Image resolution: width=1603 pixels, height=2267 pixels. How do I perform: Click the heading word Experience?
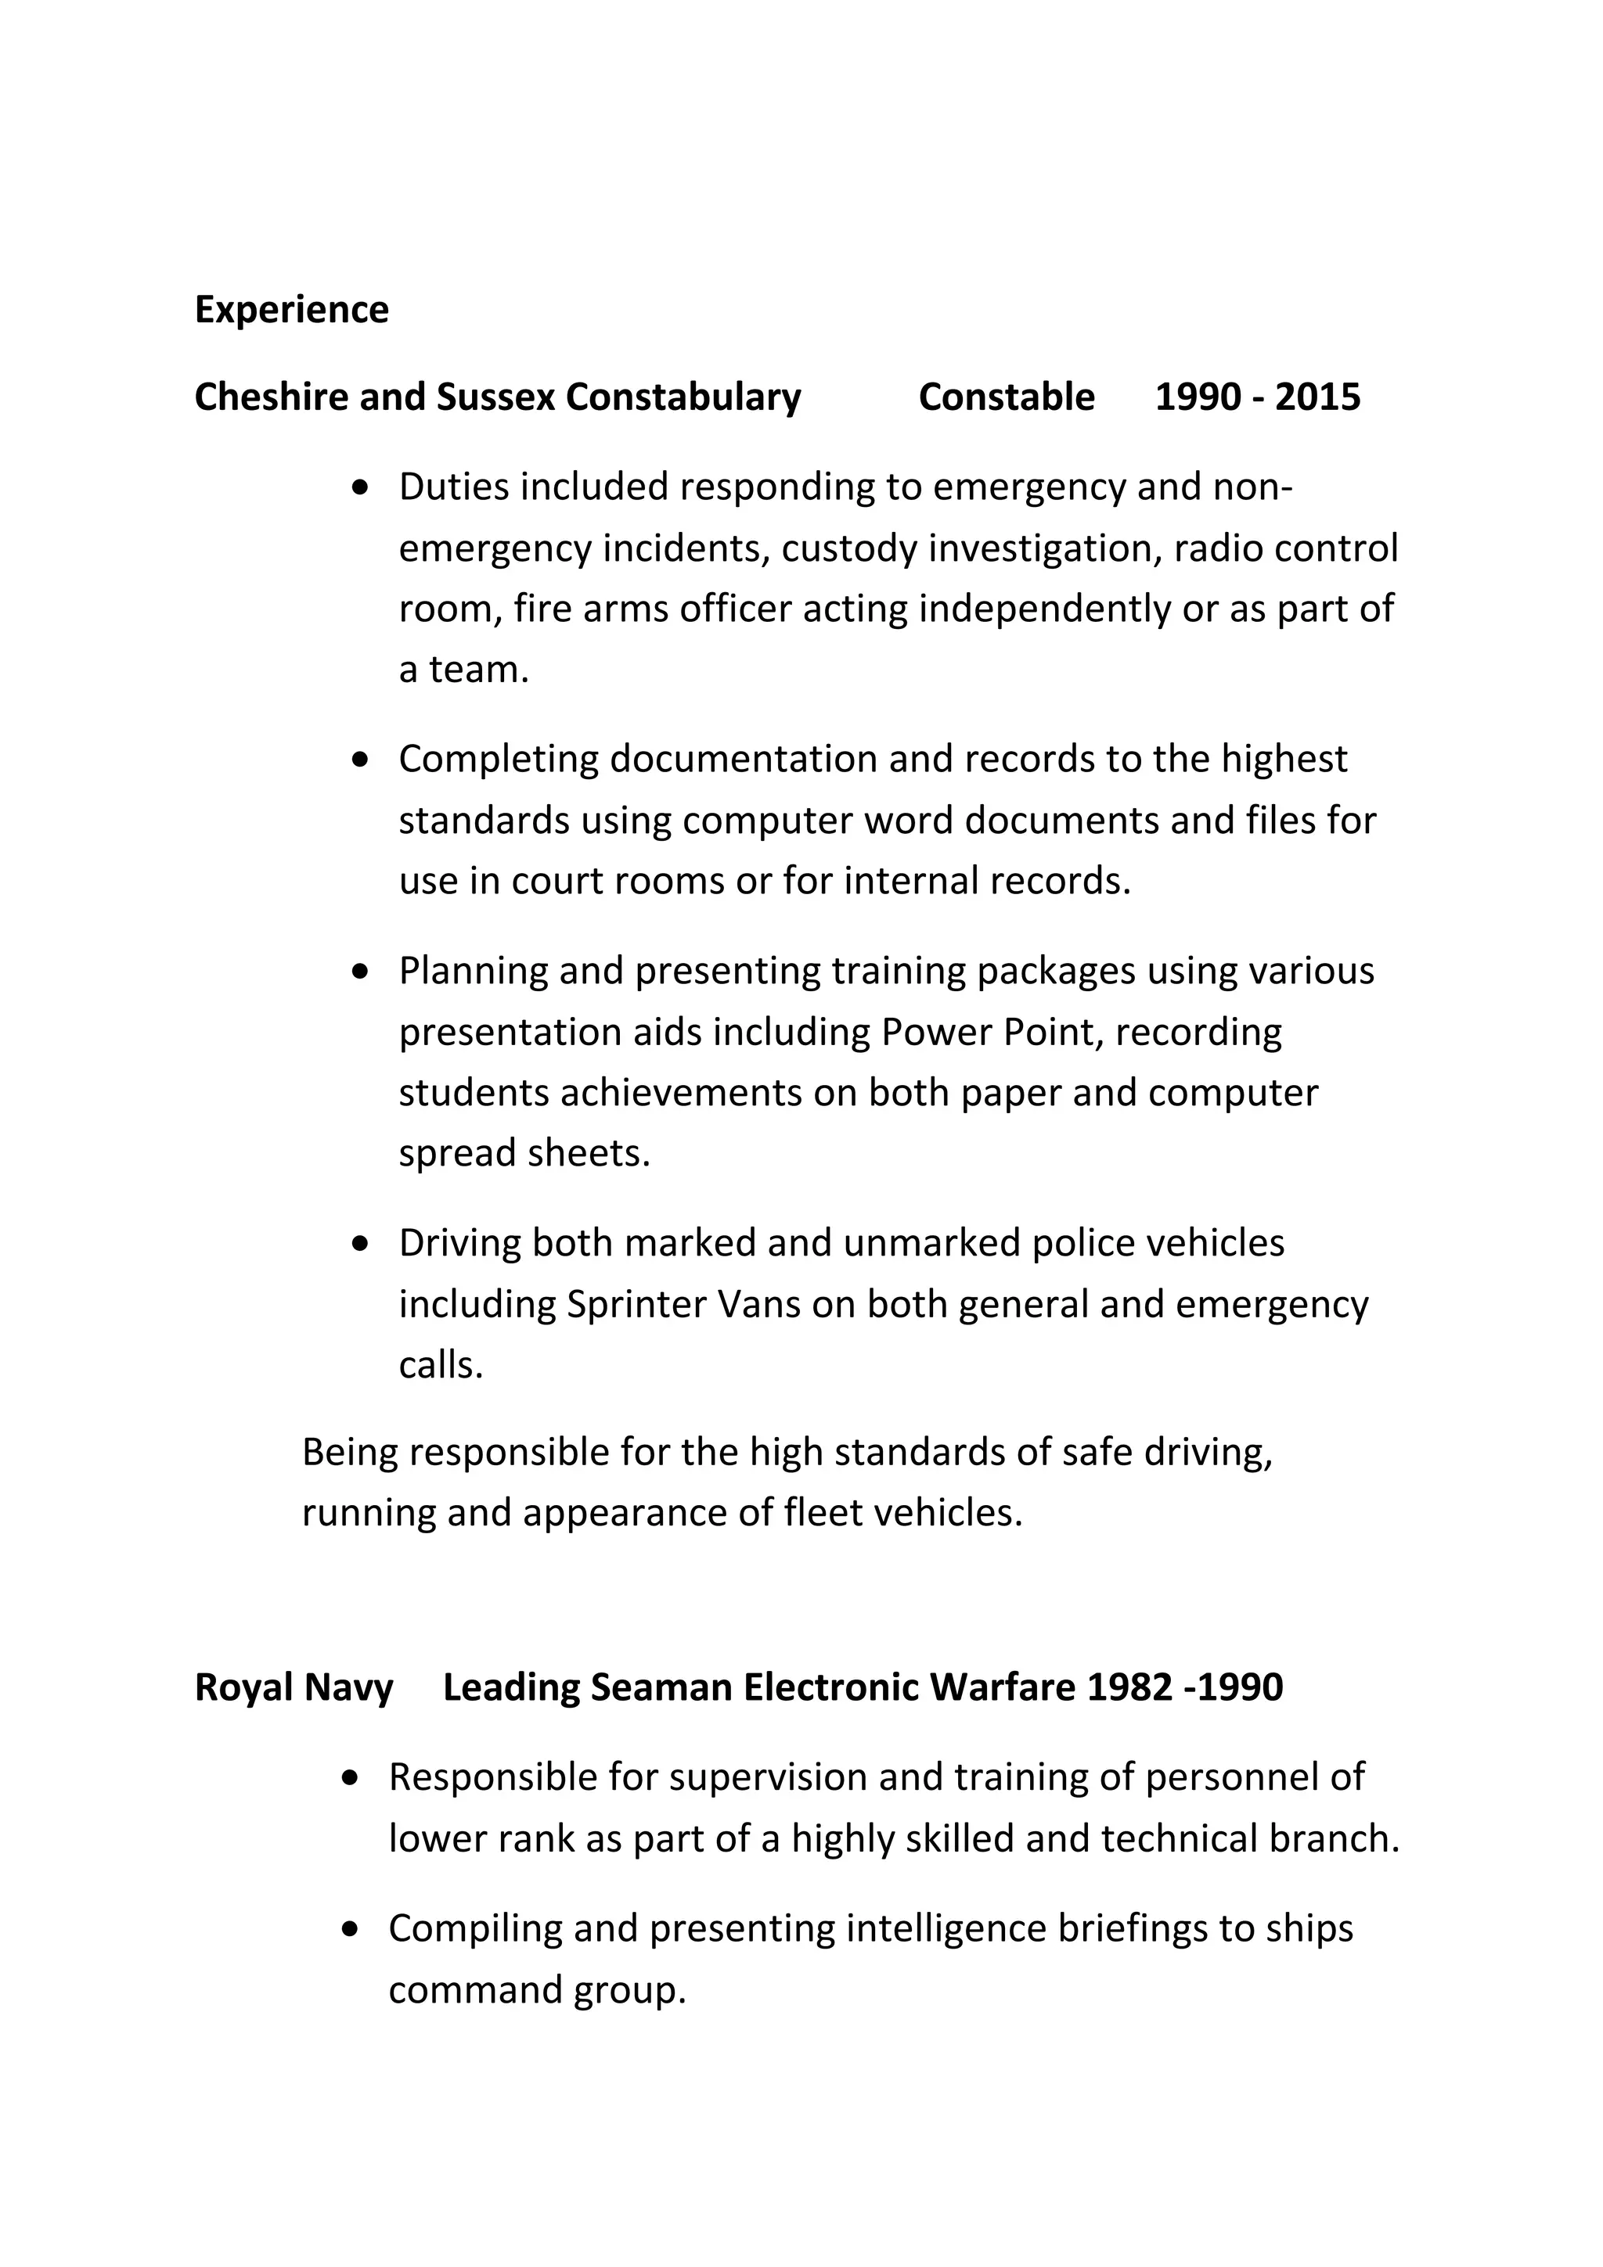pos(291,310)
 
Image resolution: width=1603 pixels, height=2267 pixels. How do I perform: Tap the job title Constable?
pos(1006,397)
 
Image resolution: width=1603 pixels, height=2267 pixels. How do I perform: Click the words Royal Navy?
pos(294,1687)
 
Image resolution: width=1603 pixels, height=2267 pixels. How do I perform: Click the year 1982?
pos(1129,1687)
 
